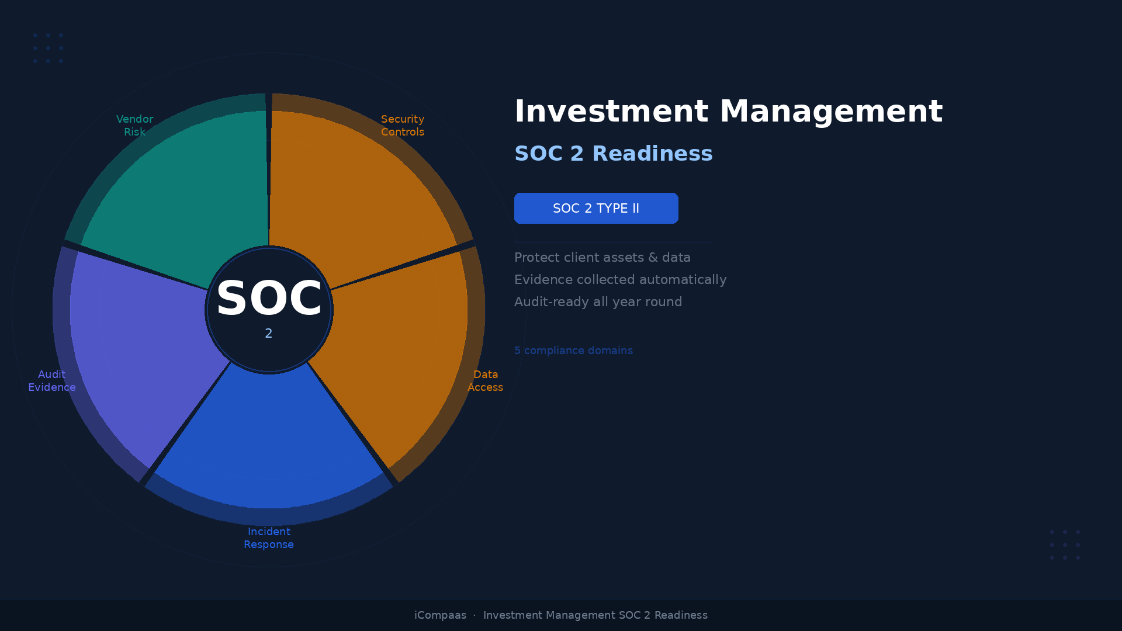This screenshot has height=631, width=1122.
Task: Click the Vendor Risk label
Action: [x=134, y=126]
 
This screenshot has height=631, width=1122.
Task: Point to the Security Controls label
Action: [x=403, y=126]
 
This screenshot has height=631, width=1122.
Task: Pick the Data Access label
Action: [x=485, y=381]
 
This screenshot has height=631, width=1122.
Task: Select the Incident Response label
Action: [x=269, y=538]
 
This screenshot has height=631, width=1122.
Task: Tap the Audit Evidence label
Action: [x=52, y=381]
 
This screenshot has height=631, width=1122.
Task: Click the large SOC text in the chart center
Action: [x=269, y=299]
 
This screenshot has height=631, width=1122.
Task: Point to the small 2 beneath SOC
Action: [x=269, y=334]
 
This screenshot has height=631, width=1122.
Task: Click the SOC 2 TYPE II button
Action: [x=596, y=209]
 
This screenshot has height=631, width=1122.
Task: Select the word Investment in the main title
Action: [x=611, y=112]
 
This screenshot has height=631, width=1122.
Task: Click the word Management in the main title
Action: [x=831, y=112]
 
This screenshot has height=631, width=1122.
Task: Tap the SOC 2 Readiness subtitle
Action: [x=614, y=154]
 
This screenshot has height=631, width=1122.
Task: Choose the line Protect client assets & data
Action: [x=602, y=258]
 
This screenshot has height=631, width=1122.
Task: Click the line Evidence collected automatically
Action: [x=621, y=280]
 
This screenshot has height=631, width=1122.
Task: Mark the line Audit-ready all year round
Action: [x=598, y=302]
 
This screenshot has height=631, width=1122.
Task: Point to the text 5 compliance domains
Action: [x=573, y=351]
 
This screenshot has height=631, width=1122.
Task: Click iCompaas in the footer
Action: [x=440, y=615]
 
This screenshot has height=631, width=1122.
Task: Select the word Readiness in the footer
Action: [x=681, y=615]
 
